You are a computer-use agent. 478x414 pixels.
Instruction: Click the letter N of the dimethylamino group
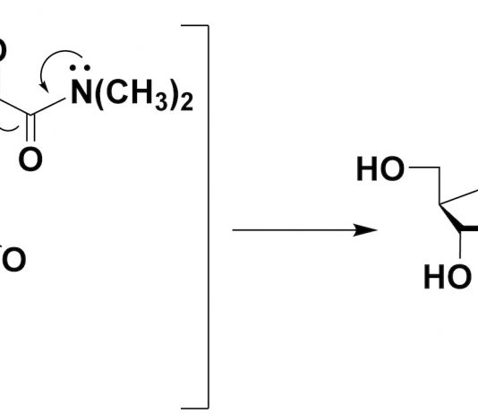click(81, 91)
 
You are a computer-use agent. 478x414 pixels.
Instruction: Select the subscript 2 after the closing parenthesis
click(187, 102)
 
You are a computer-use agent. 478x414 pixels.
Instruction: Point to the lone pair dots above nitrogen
click(80, 68)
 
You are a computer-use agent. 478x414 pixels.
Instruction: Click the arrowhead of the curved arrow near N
click(45, 88)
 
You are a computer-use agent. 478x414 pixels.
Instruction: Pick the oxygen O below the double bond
click(30, 159)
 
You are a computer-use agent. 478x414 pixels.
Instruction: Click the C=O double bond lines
click(30, 128)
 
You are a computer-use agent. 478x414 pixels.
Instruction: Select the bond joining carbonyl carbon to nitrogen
click(47, 107)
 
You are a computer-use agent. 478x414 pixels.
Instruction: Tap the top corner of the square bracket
click(209, 25)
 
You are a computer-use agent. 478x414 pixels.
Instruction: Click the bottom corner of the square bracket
click(209, 408)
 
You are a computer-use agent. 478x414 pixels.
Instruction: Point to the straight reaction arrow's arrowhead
click(365, 229)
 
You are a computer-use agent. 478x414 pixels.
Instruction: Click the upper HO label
click(380, 168)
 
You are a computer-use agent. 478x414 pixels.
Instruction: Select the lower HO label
click(448, 277)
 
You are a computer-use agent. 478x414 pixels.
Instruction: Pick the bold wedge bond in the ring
click(451, 218)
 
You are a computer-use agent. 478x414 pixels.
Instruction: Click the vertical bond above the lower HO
click(460, 245)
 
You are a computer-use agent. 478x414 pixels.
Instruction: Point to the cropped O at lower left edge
click(13, 259)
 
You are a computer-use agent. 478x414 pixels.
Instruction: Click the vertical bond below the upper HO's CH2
click(440, 185)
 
